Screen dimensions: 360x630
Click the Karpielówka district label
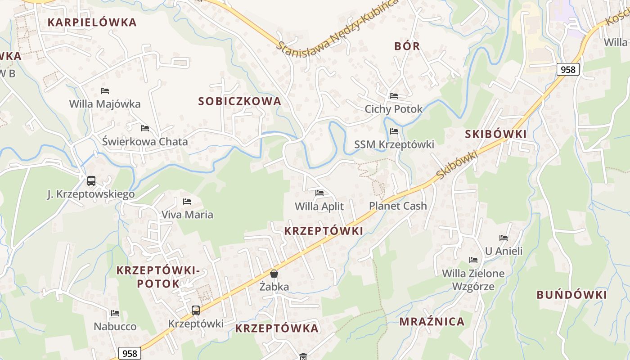[92, 22]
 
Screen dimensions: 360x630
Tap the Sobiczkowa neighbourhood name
[240, 101]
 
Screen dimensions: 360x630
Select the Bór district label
[407, 46]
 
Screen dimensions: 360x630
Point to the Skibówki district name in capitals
[495, 134]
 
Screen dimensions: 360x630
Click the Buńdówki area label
[571, 295]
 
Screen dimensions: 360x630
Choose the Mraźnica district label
[432, 321]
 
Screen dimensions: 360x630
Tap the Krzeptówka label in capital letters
[277, 328]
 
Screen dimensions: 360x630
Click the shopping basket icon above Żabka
[274, 274]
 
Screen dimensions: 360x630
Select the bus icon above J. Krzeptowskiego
[91, 181]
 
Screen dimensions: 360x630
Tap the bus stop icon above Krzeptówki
[196, 310]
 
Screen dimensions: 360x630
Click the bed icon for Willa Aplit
[319, 193]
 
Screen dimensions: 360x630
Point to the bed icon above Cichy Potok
[394, 96]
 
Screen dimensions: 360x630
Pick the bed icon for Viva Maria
[187, 201]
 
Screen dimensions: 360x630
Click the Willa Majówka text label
[105, 104]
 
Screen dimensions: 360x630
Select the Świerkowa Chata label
[145, 141]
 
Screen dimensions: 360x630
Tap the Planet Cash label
[398, 206]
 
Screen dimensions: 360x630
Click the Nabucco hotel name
[115, 326]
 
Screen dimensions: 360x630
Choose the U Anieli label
[504, 251]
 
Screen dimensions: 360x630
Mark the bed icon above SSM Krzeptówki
[394, 131]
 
